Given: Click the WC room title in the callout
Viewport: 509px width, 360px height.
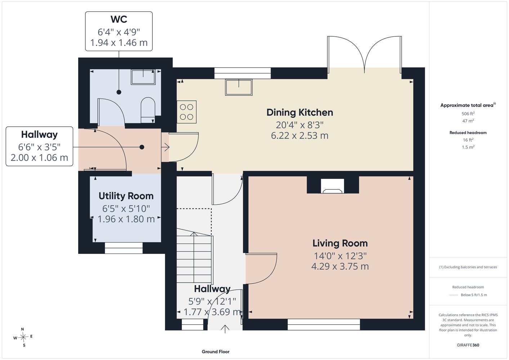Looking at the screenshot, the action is coord(119,19).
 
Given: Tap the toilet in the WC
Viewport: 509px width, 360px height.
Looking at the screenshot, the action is coord(148,110).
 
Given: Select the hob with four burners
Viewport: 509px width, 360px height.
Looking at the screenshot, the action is coord(187,112).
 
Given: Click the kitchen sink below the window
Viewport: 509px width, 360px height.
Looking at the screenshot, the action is coord(238,87).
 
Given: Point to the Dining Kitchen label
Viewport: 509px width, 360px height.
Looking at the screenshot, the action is coord(300,112).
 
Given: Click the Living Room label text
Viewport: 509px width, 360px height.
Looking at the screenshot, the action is coord(340,243).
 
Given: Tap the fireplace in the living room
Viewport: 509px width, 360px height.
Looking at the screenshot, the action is coord(332,186).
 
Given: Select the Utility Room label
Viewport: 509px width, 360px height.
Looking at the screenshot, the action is coord(126,196).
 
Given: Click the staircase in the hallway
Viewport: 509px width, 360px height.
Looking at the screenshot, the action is coord(195,256).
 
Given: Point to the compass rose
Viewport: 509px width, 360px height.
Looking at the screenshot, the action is coord(23,337).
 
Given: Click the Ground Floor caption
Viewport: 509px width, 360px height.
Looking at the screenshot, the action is coord(215,352).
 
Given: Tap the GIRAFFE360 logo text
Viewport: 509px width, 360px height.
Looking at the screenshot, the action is coord(468,345).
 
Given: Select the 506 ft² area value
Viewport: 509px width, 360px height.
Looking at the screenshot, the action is coord(468,113).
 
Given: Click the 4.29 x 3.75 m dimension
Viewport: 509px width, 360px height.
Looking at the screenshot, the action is coord(340,266).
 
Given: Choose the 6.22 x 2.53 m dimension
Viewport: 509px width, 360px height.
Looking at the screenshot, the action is coord(300,136).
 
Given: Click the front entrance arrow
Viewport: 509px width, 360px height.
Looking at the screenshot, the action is coord(225,329).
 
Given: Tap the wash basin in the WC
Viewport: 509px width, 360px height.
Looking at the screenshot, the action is coord(143,77).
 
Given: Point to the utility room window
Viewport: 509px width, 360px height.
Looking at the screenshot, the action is coord(124,248).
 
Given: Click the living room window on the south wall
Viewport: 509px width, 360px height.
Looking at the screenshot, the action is coord(323,325).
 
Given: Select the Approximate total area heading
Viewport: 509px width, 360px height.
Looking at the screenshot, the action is coord(468,105).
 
